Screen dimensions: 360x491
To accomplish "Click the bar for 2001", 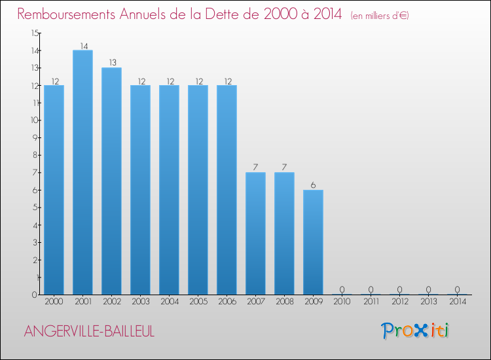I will click(82, 172).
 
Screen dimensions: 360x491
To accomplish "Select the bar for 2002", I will click(111, 181).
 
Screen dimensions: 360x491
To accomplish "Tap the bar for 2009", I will click(313, 242).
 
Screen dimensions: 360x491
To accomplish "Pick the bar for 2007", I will click(255, 233).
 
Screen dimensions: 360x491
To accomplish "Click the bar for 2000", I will click(54, 190).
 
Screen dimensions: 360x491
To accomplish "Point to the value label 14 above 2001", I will click(82, 46).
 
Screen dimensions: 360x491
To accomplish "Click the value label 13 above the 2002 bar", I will click(111, 63).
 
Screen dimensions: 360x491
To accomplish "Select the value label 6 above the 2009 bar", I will click(313, 185).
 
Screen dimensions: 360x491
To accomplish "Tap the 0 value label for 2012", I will click(399, 289).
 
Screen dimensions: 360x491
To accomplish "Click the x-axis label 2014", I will click(457, 302).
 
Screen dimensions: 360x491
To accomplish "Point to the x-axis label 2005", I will click(198, 302).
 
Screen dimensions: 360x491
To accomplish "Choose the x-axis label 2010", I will click(342, 302).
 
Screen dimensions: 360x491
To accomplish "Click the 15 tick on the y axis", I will click(34, 33).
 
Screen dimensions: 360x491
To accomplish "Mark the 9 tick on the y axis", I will click(35, 137).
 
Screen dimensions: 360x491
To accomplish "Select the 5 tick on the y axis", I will click(35, 207).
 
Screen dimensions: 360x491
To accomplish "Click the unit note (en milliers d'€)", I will click(380, 16).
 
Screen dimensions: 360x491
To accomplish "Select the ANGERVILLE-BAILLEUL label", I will click(89, 331).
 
